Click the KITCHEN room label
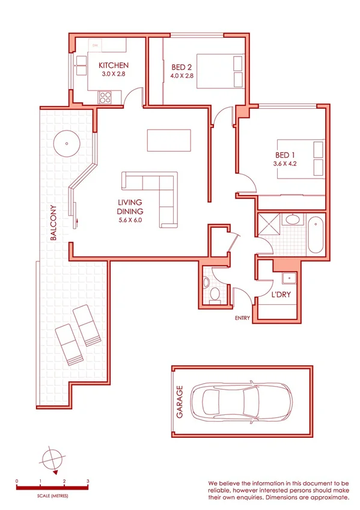click(114, 66)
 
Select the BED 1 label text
click(285, 153)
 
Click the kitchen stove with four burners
click(105, 97)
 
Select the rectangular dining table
click(169, 140)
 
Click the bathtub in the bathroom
click(314, 236)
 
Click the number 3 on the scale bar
click(88, 482)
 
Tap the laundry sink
click(288, 278)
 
